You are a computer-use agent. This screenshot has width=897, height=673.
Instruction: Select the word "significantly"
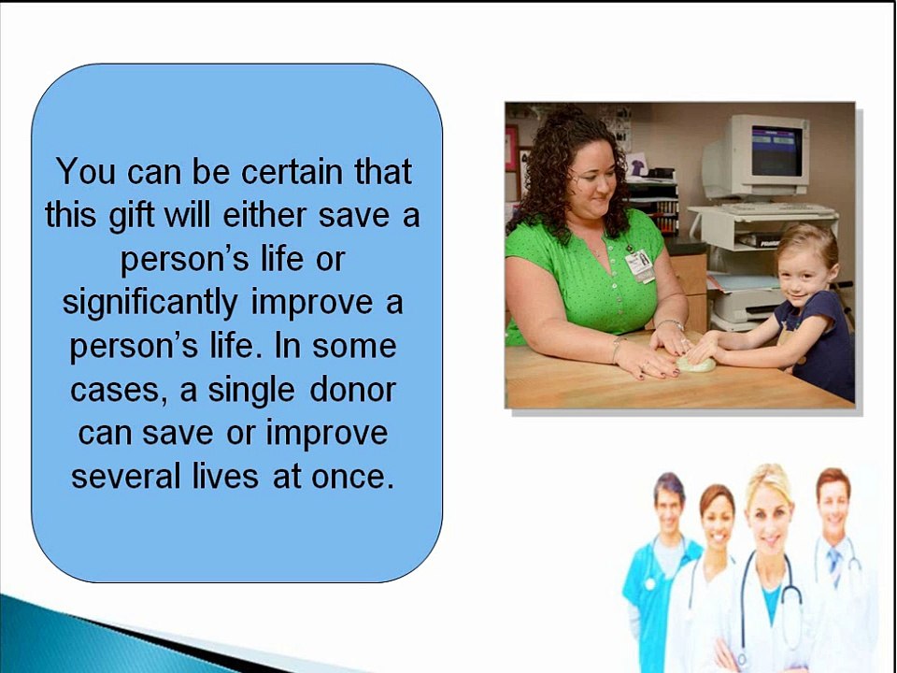149,303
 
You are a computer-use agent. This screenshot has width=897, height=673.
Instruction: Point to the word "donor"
352,390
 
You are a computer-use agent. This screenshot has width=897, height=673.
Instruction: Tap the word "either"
264,215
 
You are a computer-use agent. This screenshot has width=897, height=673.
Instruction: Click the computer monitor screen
776,151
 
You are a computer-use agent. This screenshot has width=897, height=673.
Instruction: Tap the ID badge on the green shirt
640,265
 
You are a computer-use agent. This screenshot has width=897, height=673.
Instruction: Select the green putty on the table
695,364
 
